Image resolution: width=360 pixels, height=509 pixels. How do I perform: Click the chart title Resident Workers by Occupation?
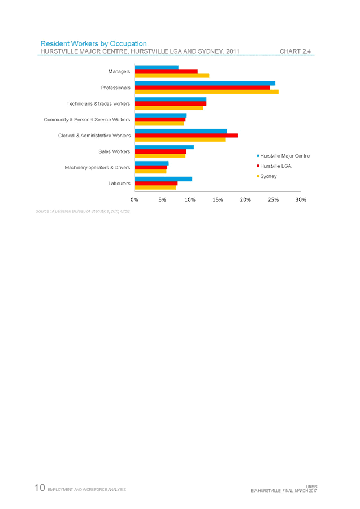[x=94, y=43]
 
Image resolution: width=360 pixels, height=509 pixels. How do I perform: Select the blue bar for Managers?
[x=157, y=67]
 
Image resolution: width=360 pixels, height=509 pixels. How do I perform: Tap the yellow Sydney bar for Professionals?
[x=206, y=92]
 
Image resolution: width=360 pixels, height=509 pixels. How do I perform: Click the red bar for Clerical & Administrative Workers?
[x=186, y=136]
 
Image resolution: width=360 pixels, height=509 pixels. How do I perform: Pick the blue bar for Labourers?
[x=163, y=179]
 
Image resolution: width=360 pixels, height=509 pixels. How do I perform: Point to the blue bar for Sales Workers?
[x=164, y=147]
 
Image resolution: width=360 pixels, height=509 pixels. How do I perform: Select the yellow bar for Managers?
[x=172, y=76]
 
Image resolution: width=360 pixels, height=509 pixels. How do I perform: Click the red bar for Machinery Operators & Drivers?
[x=151, y=167]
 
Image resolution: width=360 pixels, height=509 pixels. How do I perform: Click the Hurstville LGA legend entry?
[x=276, y=166]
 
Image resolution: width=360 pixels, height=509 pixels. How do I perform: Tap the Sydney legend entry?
[x=268, y=176]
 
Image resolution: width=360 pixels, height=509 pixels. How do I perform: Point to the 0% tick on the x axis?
[x=135, y=199]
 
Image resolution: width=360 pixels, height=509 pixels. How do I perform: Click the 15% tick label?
[x=218, y=199]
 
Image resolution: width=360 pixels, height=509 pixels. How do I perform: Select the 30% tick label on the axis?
[x=301, y=199]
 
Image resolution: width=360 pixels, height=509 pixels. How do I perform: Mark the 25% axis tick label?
[x=273, y=199]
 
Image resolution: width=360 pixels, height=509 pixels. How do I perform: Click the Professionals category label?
[x=116, y=88]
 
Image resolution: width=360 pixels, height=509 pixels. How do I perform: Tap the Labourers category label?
[x=120, y=183]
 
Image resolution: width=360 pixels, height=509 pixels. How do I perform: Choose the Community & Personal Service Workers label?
[x=88, y=120]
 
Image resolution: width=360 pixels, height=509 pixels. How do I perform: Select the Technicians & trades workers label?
[x=98, y=104]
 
